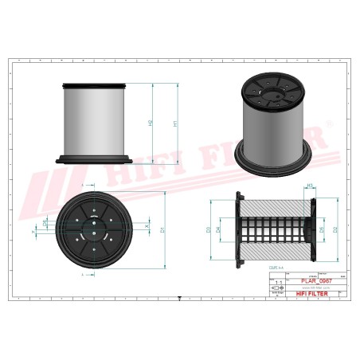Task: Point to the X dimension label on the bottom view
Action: pyautogui.click(x=147, y=226)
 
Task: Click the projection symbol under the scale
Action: pyautogui.click(x=277, y=289)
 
